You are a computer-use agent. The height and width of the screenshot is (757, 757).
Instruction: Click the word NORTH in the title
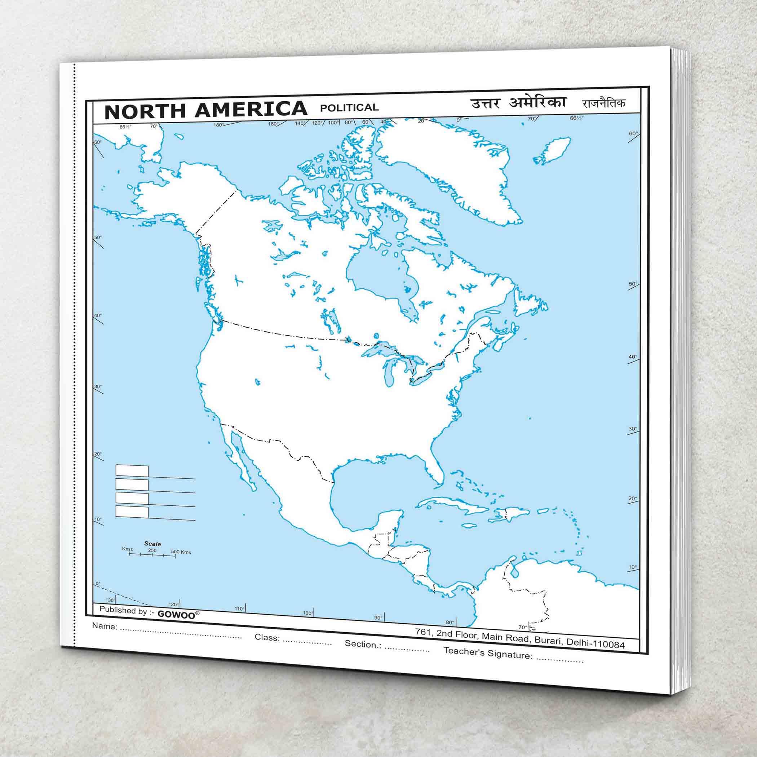point(145,112)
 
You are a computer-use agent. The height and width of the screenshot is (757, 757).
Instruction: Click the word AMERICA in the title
point(251,109)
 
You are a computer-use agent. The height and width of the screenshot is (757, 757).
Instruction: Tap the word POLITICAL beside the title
point(349,107)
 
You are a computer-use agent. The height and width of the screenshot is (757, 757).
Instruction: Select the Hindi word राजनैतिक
point(603,103)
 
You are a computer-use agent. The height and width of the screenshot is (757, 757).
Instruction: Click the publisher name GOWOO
point(176,614)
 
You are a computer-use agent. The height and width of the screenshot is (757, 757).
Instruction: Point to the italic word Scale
point(152,544)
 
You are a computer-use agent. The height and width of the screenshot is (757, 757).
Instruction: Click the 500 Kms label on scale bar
point(181,552)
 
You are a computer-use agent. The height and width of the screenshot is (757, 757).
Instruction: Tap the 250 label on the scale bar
point(152,550)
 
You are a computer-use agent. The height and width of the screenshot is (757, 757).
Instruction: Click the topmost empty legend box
point(132,470)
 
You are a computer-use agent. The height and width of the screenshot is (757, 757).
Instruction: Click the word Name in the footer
point(104,626)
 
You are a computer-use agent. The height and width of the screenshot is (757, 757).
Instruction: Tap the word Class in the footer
point(267,637)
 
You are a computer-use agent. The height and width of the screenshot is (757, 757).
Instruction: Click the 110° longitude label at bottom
point(239,609)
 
